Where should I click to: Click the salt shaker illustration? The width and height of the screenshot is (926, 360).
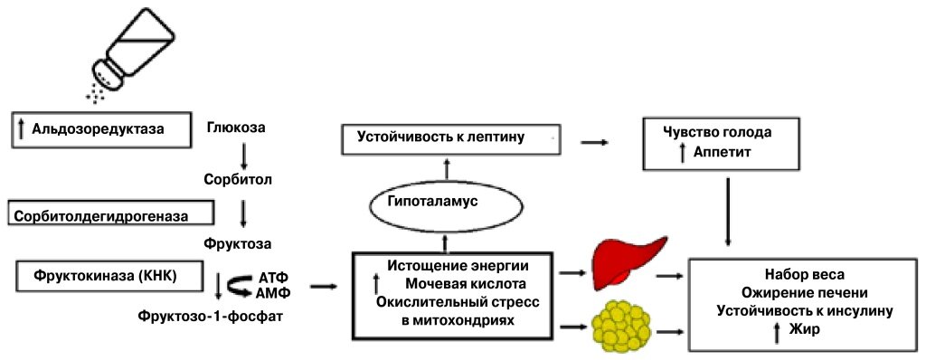pos(137,50)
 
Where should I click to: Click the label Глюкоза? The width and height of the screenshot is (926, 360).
pos(236,128)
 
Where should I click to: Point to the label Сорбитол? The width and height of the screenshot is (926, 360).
pos(240,179)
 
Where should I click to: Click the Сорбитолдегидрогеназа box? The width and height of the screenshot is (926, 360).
pos(109,214)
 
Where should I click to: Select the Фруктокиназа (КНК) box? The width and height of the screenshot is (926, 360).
pos(106,276)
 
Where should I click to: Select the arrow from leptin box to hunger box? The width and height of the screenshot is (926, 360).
pos(593,142)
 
